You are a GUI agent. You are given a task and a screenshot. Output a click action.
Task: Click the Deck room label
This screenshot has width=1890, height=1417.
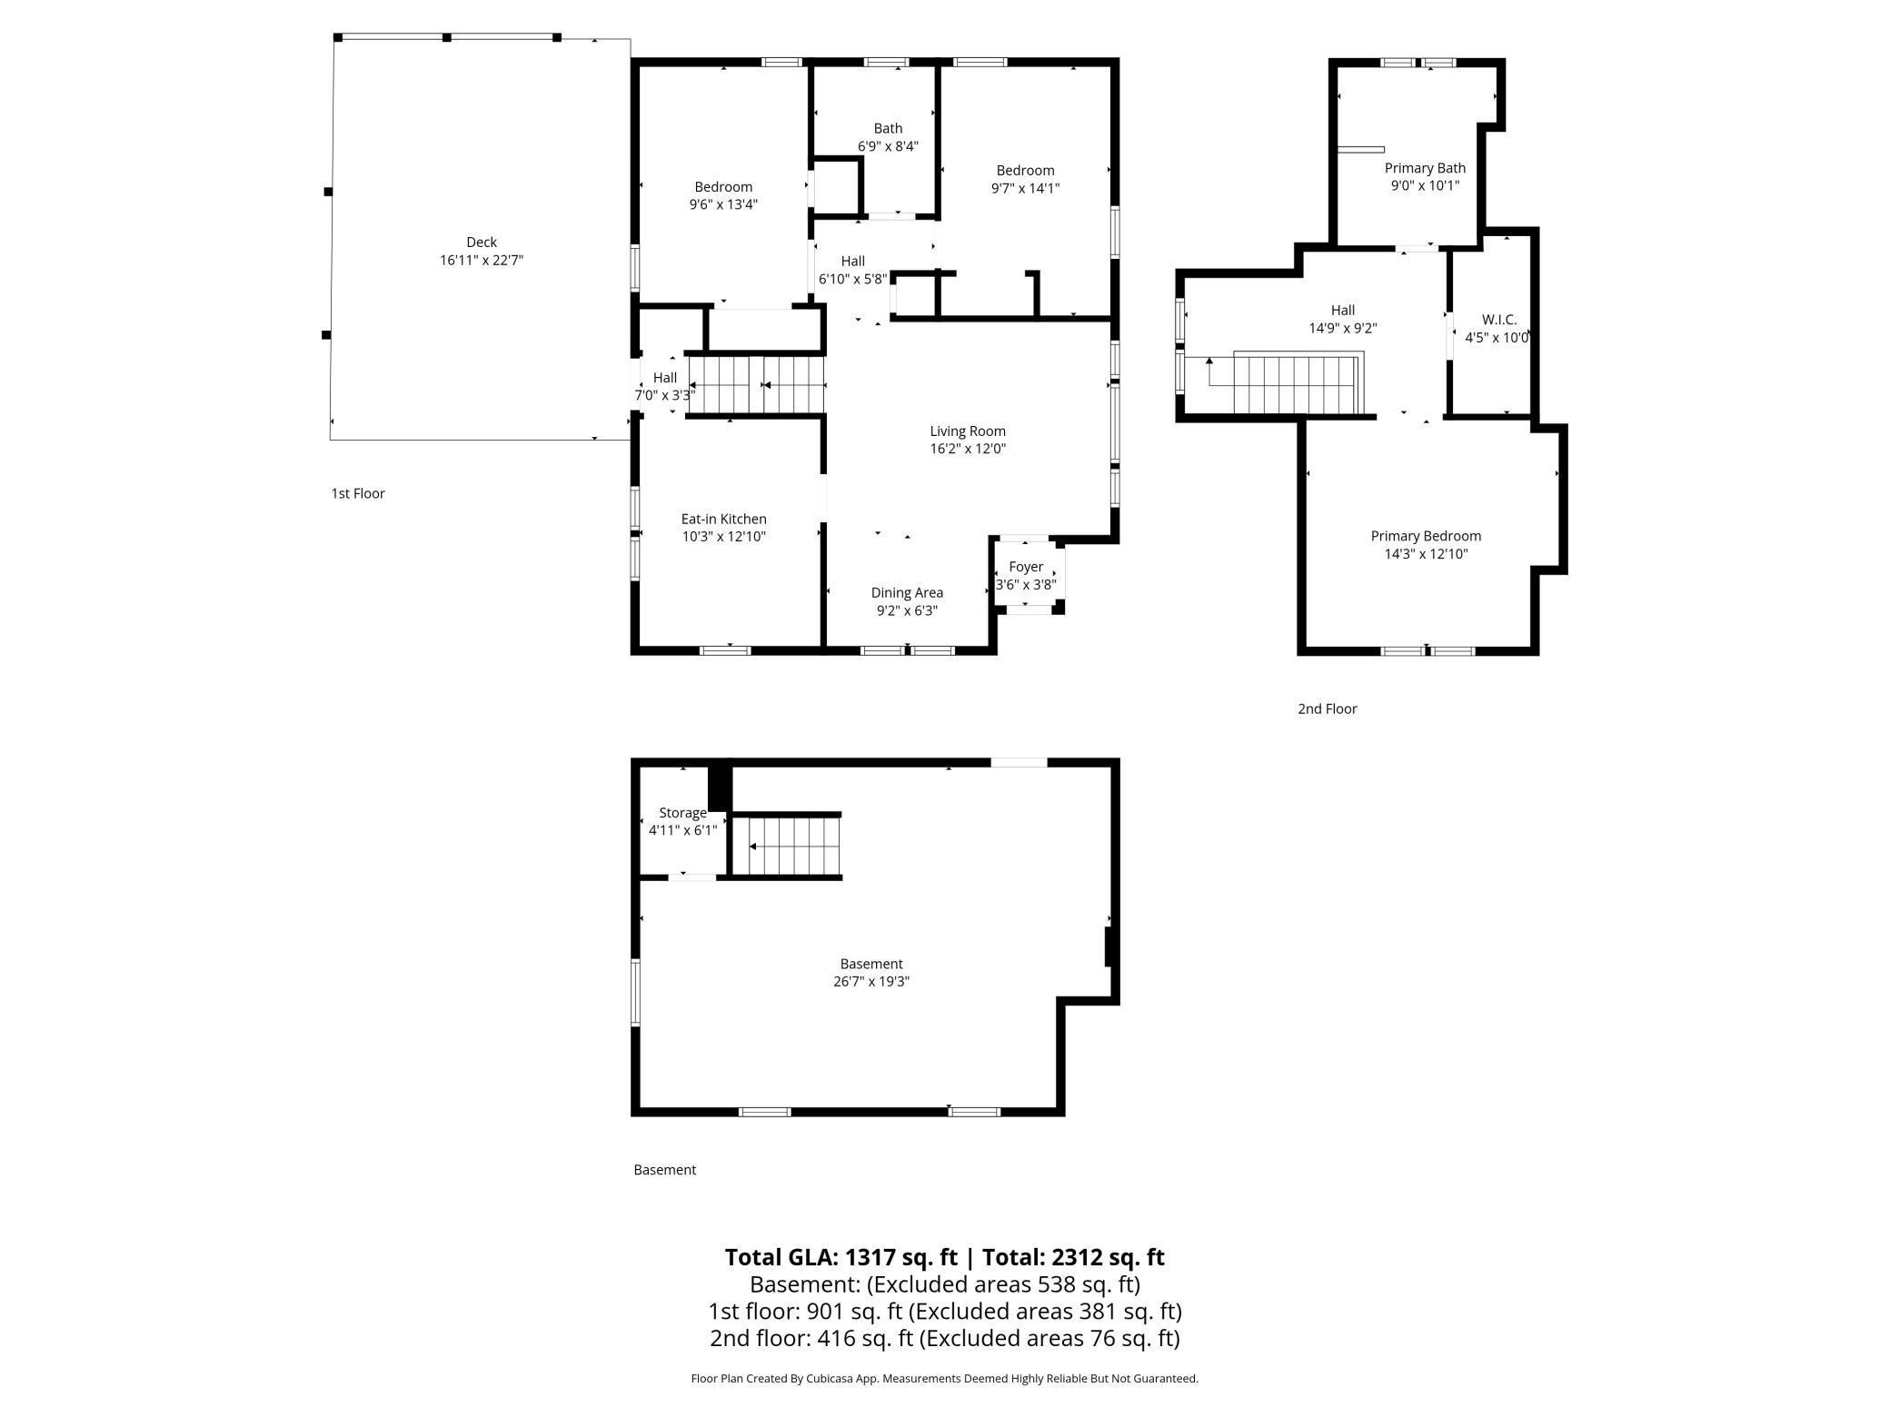pos(482,242)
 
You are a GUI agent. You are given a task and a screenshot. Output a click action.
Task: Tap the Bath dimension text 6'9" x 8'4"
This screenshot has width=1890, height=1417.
pos(888,146)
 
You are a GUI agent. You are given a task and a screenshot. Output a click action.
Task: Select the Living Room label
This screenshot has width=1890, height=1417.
pos(967,431)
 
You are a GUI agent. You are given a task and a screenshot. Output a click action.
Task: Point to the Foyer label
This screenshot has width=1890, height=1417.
pos(1026,567)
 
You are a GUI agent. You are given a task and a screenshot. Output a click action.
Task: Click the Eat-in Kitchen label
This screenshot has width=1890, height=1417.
pos(723,519)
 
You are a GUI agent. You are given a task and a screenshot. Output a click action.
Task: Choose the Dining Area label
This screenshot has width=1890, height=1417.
pos(907,593)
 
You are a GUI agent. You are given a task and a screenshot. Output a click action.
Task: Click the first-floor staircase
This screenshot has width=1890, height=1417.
pos(756,385)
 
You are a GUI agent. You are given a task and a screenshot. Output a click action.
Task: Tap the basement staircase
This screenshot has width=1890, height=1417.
pos(787,847)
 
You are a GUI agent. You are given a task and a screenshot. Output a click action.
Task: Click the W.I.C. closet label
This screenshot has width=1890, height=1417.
pos(1498,320)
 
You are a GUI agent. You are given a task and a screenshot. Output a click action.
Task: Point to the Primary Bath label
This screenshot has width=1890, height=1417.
pos(1425,168)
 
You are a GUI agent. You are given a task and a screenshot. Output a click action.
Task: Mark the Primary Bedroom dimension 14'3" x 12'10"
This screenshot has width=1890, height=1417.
pos(1426,554)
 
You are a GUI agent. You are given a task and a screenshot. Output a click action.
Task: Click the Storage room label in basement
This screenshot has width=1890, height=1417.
pos(682,813)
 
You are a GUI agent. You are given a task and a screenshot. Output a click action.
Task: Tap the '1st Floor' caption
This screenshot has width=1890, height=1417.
pos(358,493)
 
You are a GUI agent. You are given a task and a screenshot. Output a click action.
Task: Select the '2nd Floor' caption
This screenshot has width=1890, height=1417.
pos(1327,708)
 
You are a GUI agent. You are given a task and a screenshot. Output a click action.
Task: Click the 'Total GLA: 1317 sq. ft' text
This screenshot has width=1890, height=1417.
pos(841,1257)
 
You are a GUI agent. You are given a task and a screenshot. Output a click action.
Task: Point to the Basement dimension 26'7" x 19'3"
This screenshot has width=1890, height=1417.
pos(870,981)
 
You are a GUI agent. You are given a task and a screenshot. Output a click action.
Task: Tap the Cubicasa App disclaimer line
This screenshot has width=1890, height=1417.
pos(944,1378)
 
